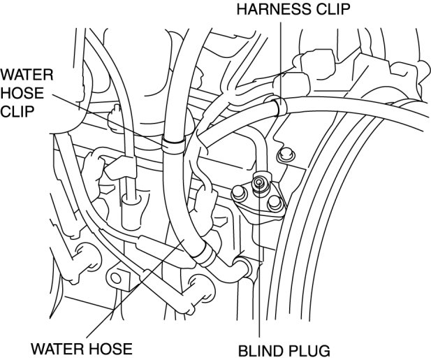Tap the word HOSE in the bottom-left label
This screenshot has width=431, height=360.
pyautogui.click(x=110, y=347)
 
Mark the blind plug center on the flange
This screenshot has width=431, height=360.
pyautogui.click(x=259, y=183)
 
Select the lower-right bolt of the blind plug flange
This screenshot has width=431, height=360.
pyautogui.click(x=275, y=203)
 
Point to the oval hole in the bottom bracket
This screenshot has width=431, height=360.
pyautogui.click(x=117, y=278)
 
